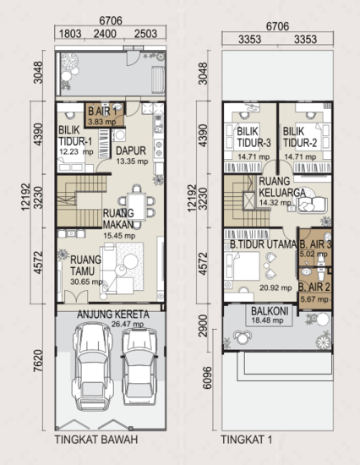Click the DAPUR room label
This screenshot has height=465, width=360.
(131, 150)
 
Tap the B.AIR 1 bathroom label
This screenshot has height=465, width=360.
(102, 112)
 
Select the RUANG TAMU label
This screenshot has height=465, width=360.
(86, 265)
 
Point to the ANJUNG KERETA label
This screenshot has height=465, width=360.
(113, 314)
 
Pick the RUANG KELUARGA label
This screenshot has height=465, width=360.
(282, 187)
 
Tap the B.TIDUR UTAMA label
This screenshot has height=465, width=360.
(264, 244)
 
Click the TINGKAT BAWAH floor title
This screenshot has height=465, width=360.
(96, 439)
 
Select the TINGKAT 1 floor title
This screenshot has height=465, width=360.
(247, 439)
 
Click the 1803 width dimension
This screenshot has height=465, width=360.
(70, 34)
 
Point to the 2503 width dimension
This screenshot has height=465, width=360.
(145, 34)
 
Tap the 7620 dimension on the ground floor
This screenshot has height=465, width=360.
(38, 361)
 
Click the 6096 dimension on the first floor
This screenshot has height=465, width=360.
(208, 378)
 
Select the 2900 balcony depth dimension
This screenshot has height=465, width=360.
(203, 325)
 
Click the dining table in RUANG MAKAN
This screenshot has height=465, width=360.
(136, 206)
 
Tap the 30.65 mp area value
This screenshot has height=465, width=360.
(86, 282)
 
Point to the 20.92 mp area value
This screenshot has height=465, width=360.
(275, 287)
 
